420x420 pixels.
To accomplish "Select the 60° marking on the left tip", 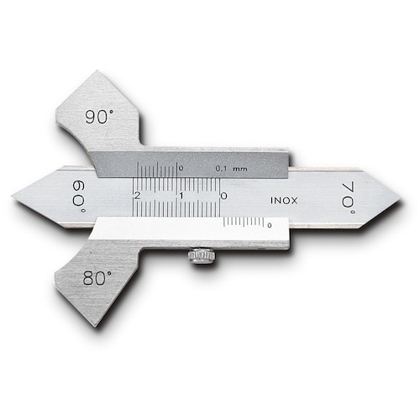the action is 78,196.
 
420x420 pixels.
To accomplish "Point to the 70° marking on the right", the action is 349,198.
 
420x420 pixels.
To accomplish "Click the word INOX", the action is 284,201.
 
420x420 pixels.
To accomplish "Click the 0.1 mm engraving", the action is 231,169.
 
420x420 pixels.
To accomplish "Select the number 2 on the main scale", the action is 137,196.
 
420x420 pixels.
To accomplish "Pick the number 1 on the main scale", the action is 181,196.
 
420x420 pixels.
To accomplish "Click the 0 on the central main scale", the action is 223,196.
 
